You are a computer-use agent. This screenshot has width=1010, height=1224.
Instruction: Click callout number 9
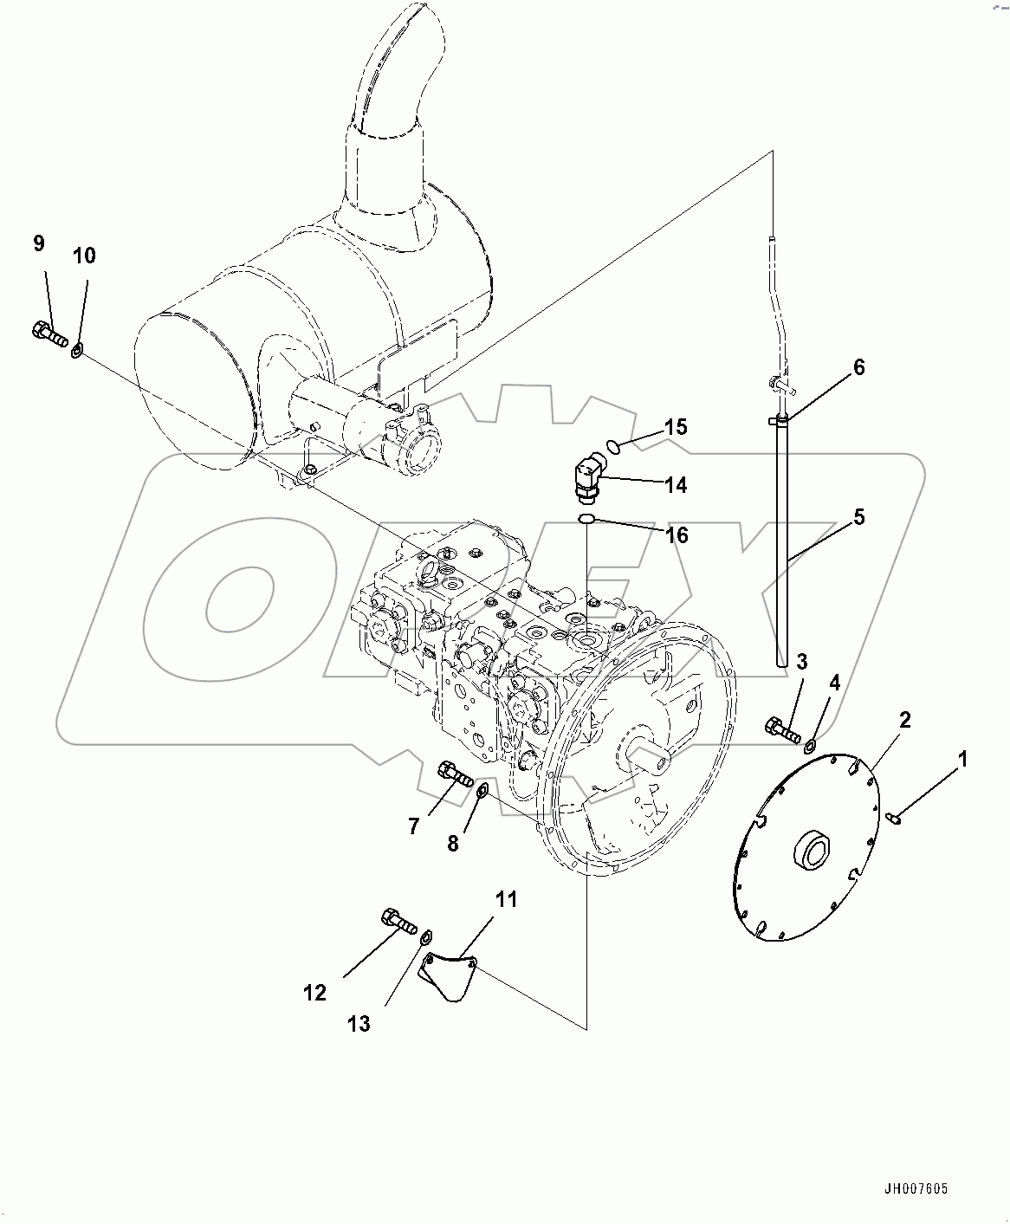pyautogui.click(x=38, y=243)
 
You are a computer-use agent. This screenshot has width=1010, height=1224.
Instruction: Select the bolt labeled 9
pyautogui.click(x=49, y=334)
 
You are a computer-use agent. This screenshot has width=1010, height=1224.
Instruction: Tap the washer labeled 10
pyautogui.click(x=77, y=350)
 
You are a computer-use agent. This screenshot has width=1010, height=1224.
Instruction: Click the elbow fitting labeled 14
pyautogui.click(x=586, y=478)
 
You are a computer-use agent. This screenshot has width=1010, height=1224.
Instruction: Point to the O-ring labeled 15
pyautogui.click(x=613, y=446)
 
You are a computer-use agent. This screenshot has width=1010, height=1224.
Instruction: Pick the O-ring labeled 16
pyautogui.click(x=586, y=518)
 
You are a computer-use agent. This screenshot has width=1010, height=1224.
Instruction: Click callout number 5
pyautogui.click(x=858, y=517)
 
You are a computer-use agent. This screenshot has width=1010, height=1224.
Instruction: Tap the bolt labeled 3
pyautogui.click(x=782, y=729)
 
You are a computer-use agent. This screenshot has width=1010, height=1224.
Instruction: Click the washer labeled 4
pyautogui.click(x=812, y=746)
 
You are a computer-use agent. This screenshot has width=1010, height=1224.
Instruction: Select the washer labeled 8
pyautogui.click(x=483, y=789)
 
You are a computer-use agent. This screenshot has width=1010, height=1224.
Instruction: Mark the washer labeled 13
pyautogui.click(x=425, y=939)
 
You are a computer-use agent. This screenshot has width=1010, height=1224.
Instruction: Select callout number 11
pyautogui.click(x=506, y=899)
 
